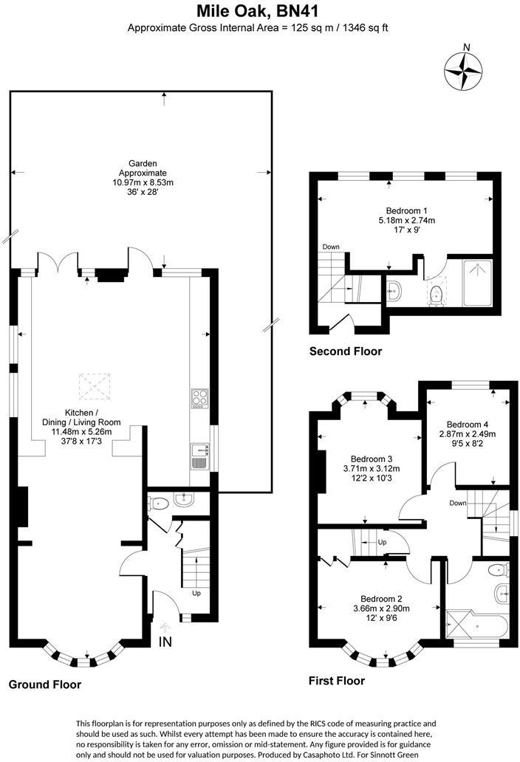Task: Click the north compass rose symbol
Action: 464,69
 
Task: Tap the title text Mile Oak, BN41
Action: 259,11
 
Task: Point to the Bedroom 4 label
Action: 467,425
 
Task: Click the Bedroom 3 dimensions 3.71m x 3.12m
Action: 371,468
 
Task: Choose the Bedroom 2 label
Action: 380,598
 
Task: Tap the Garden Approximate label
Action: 143,173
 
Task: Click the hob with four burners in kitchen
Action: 199,399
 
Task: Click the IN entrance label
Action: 165,642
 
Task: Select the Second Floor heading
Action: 346,351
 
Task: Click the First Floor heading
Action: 336,681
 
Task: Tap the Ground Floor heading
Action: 45,684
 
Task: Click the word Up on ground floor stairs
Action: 196,593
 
